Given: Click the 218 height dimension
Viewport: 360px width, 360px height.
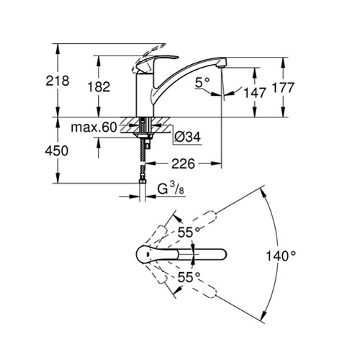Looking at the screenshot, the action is pos(58,81).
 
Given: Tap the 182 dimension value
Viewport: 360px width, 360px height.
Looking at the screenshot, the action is pos(99,86).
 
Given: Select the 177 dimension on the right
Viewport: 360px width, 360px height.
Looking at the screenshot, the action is pos(283,87).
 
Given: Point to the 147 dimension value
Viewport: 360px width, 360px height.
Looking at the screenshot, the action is pos(255,93).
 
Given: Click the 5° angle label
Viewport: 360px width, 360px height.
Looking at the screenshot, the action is pos(202,82).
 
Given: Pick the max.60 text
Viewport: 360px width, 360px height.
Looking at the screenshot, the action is pos(94,127).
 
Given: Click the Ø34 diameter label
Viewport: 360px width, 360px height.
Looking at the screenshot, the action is pos(187,137).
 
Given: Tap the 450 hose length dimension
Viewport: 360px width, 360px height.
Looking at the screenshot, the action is pos(57,150).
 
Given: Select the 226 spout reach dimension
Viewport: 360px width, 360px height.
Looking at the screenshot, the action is pos(183,164).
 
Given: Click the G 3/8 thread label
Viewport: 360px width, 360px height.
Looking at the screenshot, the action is pos(171,189).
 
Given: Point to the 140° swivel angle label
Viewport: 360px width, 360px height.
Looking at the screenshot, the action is pos(281,256).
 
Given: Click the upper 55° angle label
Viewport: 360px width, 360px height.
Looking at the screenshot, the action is pos(189,232).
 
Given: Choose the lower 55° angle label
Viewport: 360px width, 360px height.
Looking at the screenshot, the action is pos(189,277).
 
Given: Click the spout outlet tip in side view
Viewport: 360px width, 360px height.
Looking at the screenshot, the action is pos(221,65).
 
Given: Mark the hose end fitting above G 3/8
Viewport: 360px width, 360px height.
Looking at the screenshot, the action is pos(143,181).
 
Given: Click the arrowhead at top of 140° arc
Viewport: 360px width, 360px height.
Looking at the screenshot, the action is pos(263,192).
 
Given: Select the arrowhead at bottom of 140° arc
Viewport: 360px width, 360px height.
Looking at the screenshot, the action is pos(263,316).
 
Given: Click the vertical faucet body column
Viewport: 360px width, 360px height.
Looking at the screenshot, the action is pos(144,95).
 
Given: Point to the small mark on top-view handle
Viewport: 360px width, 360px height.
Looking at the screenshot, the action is pos(148,254).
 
